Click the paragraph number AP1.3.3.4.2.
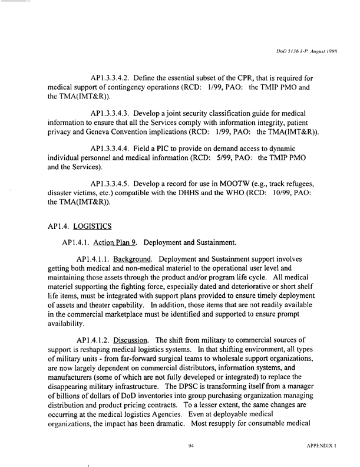(117, 78)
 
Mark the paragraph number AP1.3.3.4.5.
(117, 187)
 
